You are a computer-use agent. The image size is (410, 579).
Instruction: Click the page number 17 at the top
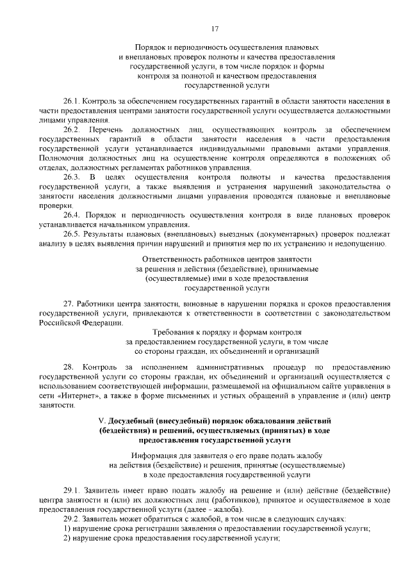[215, 28]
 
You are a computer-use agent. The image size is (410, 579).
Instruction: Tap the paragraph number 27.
[68, 303]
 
